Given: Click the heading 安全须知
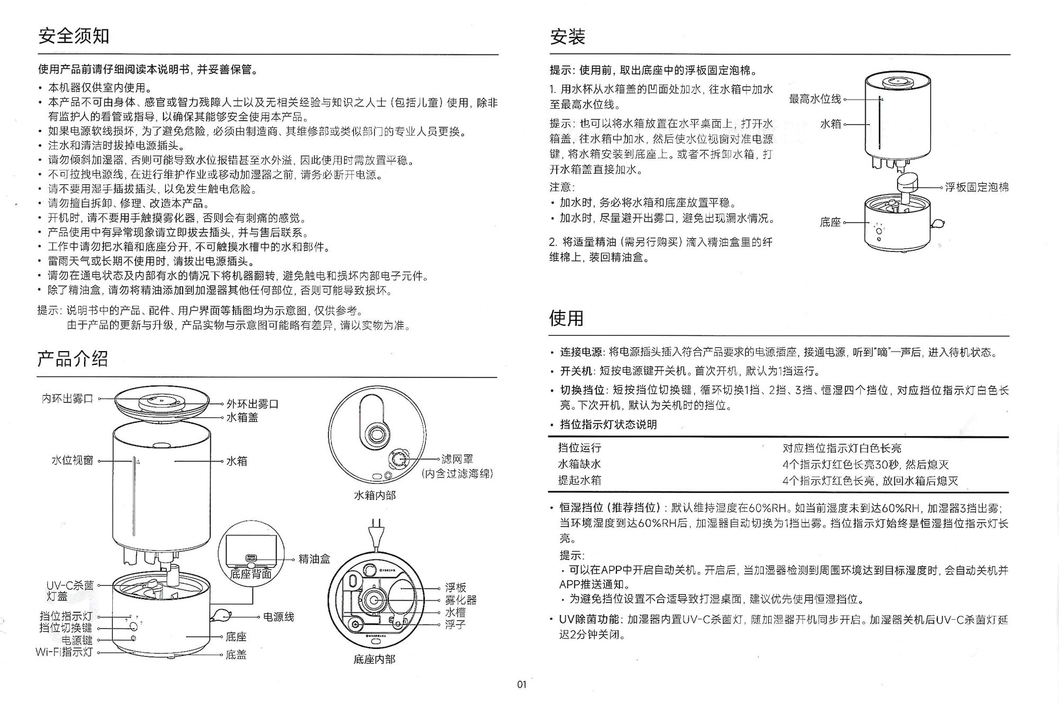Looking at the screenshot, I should tap(74, 36).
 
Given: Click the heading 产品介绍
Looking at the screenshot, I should tap(73, 359).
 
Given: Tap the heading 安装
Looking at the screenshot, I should tap(567, 37).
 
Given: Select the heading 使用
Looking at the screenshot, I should tap(566, 318).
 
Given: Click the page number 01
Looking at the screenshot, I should tap(522, 684).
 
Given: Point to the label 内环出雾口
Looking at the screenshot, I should tap(67, 399).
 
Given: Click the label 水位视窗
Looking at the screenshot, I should tap(72, 460).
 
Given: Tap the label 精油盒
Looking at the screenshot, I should tap(314, 559).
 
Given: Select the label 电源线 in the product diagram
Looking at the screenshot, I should tap(279, 617).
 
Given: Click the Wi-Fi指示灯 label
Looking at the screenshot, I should tap(64, 652).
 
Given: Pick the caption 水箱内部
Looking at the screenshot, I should tap(374, 496).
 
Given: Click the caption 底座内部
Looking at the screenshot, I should tap(374, 659).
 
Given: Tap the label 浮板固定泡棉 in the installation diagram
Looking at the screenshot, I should tap(977, 187).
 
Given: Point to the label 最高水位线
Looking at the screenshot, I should tap(815, 99).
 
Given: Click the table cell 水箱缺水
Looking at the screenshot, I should tap(579, 464).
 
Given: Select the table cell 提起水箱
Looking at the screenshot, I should tap(579, 480).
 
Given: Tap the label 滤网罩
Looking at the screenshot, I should tap(457, 459).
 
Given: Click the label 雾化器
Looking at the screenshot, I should tap(461, 600).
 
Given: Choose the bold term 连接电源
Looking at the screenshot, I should tap(581, 352).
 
